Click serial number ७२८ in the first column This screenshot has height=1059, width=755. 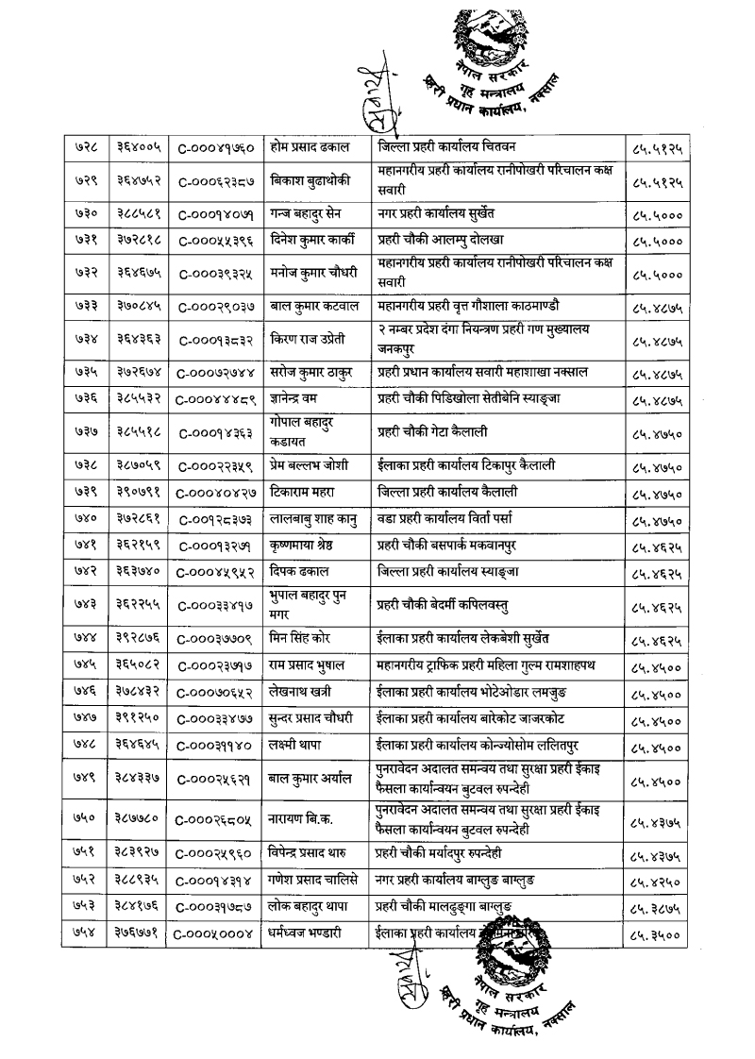pyautogui.click(x=82, y=148)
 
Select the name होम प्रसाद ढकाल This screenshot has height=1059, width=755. pyautogui.click(x=308, y=148)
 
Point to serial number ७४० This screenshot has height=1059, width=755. pyautogui.click(x=81, y=518)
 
